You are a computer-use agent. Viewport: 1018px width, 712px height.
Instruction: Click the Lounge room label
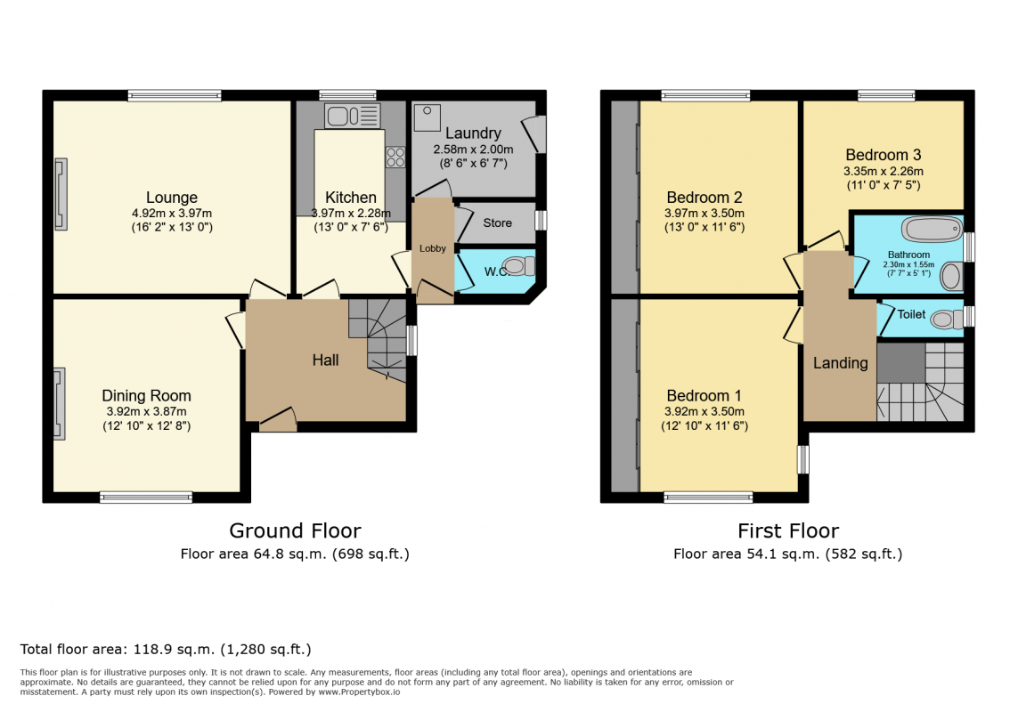(x=171, y=198)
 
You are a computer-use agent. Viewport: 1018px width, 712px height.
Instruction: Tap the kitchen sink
(x=353, y=117)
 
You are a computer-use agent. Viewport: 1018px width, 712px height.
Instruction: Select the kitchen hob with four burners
(x=395, y=157)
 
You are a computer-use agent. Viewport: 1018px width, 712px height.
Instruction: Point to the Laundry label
(x=473, y=133)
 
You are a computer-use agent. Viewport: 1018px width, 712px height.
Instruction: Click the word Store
(x=497, y=222)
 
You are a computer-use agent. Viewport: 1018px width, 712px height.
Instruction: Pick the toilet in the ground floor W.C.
(x=518, y=266)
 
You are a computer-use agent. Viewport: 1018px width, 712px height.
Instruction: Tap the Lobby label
(x=432, y=248)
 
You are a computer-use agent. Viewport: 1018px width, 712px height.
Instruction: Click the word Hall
(x=325, y=360)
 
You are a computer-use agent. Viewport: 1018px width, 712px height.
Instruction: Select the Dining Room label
(x=146, y=395)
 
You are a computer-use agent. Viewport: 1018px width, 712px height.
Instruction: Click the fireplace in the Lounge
(x=61, y=194)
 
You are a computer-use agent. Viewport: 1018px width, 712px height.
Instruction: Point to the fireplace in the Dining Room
(x=59, y=404)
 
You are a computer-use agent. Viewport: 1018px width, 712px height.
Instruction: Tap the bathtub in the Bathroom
(x=932, y=229)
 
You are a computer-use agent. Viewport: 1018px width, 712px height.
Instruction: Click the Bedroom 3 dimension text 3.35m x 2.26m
(x=883, y=172)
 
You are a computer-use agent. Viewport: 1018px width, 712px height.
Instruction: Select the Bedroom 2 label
(x=704, y=198)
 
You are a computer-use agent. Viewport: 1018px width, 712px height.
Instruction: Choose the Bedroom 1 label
(x=704, y=395)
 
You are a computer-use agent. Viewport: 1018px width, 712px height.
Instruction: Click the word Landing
(x=840, y=363)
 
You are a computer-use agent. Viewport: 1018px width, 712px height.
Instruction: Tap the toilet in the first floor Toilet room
(x=947, y=320)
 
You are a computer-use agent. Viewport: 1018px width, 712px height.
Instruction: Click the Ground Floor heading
(x=295, y=531)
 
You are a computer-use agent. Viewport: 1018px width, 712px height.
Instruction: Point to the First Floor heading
(x=788, y=531)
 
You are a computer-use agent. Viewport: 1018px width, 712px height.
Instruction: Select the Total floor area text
(x=166, y=649)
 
